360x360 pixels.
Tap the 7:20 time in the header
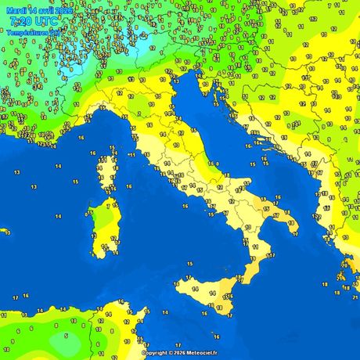[22, 22]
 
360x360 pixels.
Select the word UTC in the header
[49, 22]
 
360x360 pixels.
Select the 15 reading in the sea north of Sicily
[190, 264]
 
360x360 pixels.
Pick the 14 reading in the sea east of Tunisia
[165, 313]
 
